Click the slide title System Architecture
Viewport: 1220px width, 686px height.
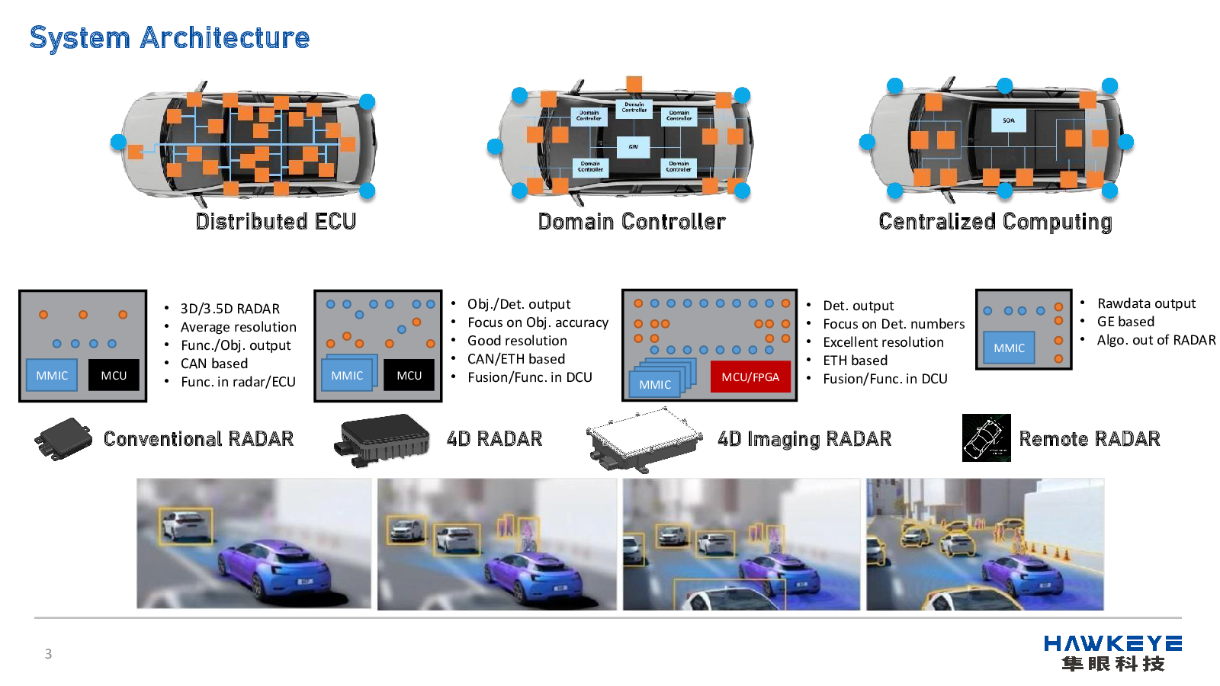169,38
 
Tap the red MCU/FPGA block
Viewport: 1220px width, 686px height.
750,377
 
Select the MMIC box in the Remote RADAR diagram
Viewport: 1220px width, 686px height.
1009,348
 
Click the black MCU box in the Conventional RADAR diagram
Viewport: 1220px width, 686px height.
114,375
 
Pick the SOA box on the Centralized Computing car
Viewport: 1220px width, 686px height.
1008,120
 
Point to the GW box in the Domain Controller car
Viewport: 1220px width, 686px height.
633,146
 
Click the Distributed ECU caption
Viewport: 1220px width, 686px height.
275,221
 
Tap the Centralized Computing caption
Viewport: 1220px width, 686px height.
995,221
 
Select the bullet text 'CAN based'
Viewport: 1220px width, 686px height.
214,364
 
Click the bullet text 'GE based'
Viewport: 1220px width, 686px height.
1125,322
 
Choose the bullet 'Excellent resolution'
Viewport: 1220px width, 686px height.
883,342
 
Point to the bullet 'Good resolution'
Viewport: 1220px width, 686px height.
517,341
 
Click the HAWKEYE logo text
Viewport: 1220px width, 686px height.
1112,644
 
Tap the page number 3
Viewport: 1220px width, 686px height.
48,654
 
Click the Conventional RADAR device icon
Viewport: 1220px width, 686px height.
63,439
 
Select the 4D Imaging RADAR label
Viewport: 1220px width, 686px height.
804,439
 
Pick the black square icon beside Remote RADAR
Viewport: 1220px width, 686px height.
986,438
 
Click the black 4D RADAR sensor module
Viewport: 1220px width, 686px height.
383,439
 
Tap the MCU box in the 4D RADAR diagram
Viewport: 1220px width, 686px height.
409,375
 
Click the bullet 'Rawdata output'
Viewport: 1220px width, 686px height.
1146,303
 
